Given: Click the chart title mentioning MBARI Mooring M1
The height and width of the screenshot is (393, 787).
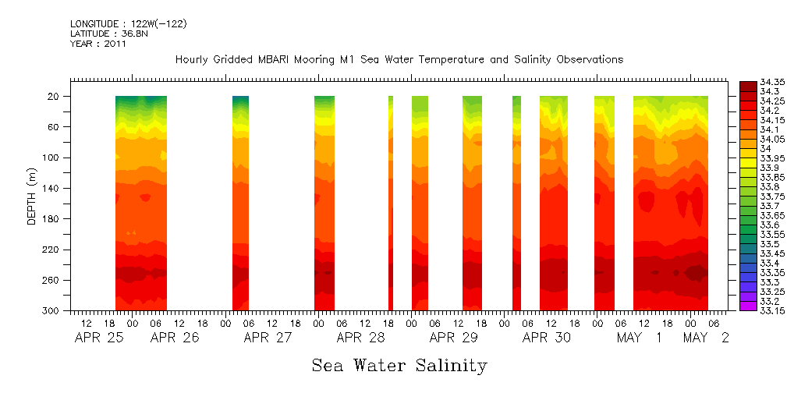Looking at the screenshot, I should tap(399, 59).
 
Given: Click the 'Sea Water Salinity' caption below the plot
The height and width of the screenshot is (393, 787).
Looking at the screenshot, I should tap(399, 365).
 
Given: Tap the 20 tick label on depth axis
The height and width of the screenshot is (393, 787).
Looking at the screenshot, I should tap(54, 97).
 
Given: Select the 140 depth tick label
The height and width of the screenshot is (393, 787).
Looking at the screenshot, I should tap(51, 189).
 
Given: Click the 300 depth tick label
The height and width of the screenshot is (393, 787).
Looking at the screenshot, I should tap(51, 311).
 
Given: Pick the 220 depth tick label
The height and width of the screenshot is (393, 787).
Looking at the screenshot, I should tap(51, 250).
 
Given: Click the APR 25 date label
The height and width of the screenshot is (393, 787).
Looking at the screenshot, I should tap(98, 338).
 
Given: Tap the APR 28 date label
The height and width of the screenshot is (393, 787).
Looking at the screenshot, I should tap(360, 338).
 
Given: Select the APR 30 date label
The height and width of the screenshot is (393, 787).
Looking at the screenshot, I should tap(546, 338).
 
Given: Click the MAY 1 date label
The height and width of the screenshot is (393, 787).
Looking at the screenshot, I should tap(640, 338).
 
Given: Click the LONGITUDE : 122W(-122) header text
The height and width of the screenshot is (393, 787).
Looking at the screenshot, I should tap(128, 24).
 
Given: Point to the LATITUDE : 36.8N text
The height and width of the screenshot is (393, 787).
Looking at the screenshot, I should tap(107, 34).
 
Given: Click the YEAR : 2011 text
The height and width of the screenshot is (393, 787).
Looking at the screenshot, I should tap(97, 44).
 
